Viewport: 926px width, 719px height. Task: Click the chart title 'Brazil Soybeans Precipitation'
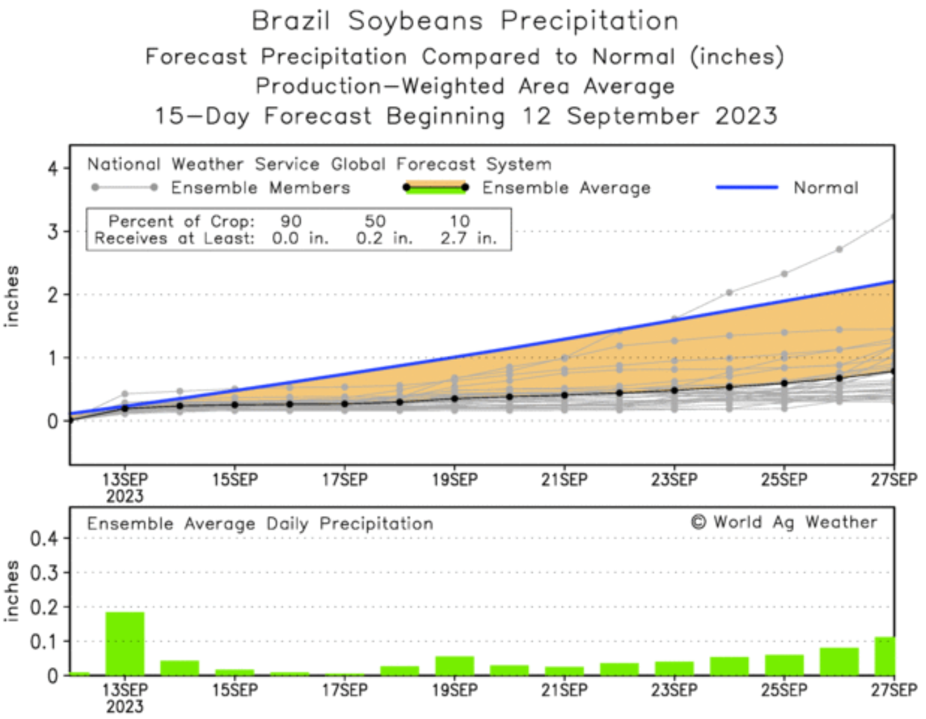pos(465,21)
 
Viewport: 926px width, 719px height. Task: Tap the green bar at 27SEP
pos(885,655)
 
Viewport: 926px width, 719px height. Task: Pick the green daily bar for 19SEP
pos(454,665)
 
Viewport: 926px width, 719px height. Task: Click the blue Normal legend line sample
pos(746,188)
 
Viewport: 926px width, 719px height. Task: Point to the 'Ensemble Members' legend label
pos(260,188)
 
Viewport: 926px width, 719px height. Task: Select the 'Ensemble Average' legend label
pos(566,188)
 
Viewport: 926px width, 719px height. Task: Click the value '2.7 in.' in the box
pos(468,238)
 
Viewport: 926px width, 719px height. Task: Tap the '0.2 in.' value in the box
pos(384,238)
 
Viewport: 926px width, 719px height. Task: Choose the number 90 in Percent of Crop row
pos(291,221)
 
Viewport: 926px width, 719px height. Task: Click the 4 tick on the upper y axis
pos(53,168)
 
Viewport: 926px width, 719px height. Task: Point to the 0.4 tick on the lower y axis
pos(44,538)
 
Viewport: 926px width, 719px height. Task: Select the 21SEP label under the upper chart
pos(564,480)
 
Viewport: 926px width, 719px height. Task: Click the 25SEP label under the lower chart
pos(784,690)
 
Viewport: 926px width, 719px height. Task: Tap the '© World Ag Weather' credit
pos(784,523)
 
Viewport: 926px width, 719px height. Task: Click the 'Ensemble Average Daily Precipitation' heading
pos(260,524)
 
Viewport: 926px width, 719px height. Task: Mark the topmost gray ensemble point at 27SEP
pos(893,217)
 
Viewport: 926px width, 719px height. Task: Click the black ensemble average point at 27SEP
pos(893,371)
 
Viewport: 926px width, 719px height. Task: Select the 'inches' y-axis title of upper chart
pos(12,296)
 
